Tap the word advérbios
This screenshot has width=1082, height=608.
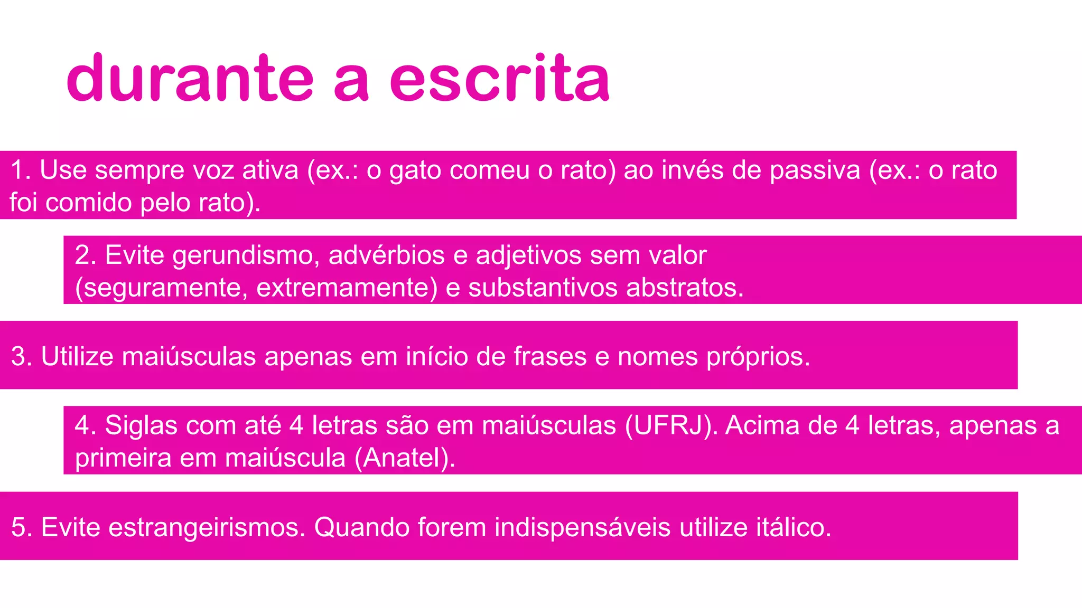tap(387, 255)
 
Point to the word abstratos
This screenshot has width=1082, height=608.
tap(685, 288)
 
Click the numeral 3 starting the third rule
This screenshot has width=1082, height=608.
tap(18, 356)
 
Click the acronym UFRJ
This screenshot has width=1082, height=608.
tap(668, 425)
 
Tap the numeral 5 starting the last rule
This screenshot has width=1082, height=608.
tap(18, 527)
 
